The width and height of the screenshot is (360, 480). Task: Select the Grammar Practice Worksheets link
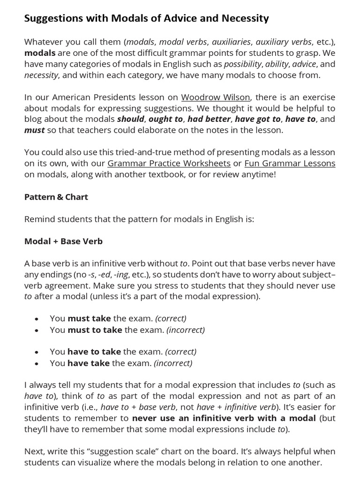click(169, 164)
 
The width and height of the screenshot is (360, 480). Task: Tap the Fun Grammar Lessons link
click(290, 164)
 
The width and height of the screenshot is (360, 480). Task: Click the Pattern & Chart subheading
click(56, 197)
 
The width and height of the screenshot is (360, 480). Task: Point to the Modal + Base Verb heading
click(63, 242)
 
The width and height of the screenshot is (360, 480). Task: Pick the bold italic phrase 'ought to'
click(165, 119)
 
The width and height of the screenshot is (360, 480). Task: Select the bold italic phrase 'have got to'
click(257, 119)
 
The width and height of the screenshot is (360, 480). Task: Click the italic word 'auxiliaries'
click(231, 42)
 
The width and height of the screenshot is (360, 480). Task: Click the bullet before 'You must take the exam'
click(36, 319)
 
